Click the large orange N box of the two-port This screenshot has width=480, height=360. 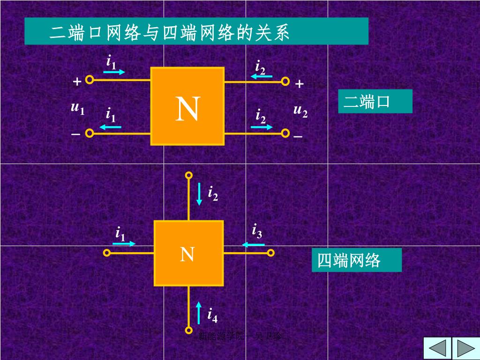[x=187, y=106]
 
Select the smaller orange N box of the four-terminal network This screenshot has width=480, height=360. [x=188, y=253]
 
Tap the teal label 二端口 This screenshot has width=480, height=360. [x=375, y=101]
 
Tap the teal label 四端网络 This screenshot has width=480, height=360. [x=356, y=260]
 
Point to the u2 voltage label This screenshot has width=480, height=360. [x=300, y=111]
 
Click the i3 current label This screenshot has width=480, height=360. [x=257, y=231]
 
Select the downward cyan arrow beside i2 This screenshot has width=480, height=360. [x=199, y=194]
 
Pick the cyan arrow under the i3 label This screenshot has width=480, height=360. [x=254, y=244]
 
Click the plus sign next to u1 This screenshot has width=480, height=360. [x=77, y=82]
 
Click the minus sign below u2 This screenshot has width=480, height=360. [x=298, y=137]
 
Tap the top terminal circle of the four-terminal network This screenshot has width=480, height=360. [x=188, y=175]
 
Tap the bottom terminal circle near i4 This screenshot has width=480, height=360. [x=188, y=330]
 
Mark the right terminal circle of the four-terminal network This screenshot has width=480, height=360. [x=270, y=253]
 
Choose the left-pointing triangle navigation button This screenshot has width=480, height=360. [x=437, y=348]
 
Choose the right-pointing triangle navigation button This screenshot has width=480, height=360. [x=465, y=348]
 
